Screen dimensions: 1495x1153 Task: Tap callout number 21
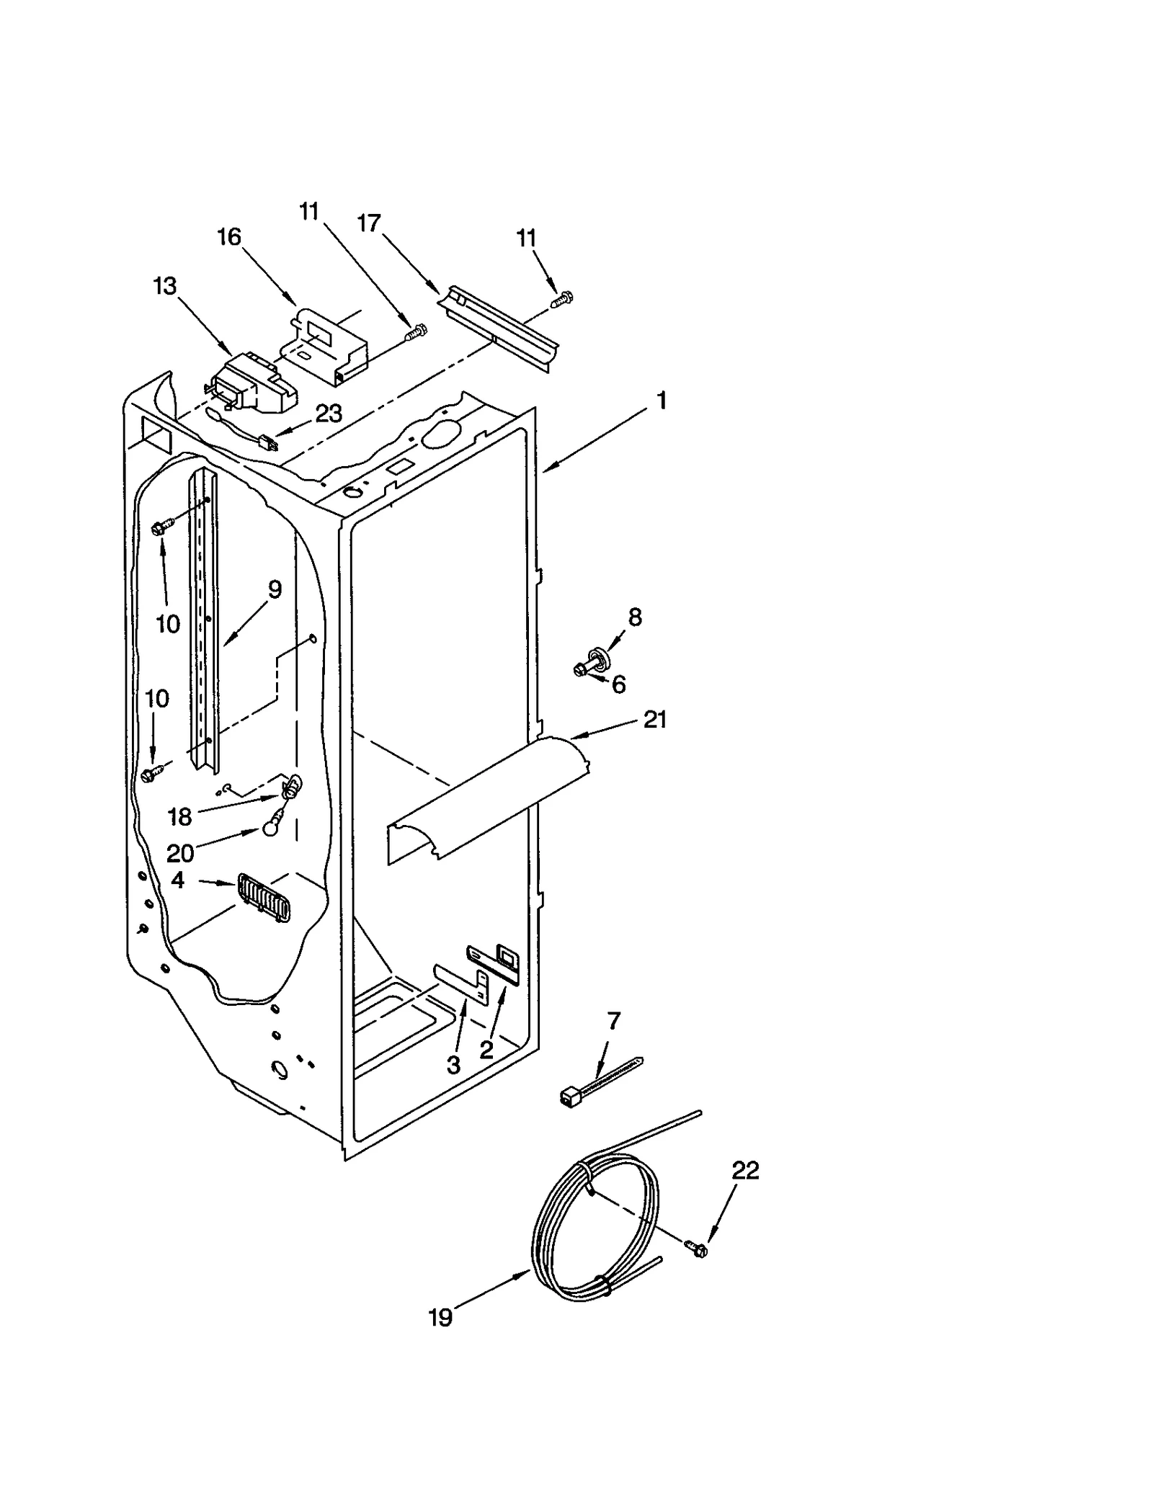654,719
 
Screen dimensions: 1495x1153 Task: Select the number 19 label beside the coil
440,1318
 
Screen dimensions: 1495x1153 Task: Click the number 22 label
746,1171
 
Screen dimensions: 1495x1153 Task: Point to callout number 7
613,1021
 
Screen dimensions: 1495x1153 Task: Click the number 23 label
329,414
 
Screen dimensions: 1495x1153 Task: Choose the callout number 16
229,237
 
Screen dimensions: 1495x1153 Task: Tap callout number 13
165,286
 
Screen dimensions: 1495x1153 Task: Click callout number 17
368,223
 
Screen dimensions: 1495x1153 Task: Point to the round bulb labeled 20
270,830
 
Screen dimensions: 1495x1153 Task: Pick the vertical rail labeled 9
202,620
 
